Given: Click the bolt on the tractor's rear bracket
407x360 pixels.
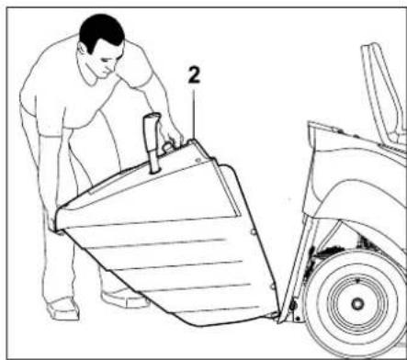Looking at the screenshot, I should click(292, 304).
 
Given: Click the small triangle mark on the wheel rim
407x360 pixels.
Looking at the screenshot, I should click(356, 275).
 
